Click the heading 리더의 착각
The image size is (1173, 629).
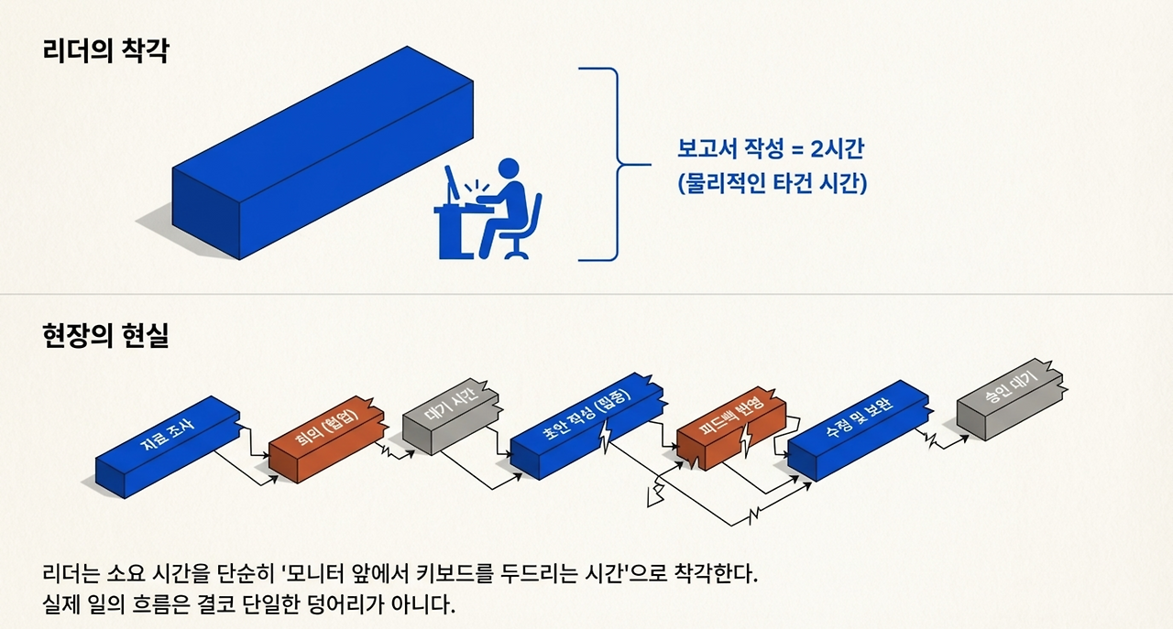coord(105,49)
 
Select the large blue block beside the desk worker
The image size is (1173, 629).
coord(321,156)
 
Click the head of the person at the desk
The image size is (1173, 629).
coord(510,170)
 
